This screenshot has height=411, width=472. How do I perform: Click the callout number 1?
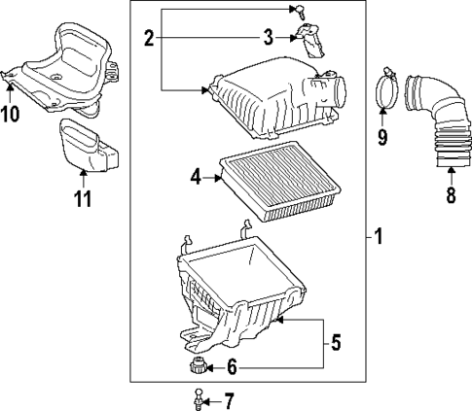380,236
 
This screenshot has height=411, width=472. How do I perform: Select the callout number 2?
149,39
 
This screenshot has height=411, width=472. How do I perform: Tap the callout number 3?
268,39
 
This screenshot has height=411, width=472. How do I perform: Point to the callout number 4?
196,178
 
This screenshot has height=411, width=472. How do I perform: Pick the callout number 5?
336,342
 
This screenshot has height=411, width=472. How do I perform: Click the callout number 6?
231,367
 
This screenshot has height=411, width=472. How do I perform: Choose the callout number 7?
229,398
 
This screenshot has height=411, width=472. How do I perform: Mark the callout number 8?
451,195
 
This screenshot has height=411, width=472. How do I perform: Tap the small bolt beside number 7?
198,397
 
